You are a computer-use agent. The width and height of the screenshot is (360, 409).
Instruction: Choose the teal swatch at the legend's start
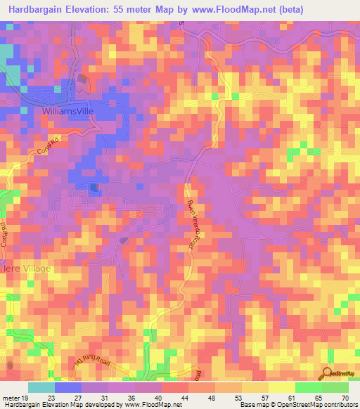[41, 387]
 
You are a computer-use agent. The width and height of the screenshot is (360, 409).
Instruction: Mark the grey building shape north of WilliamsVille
[84, 79]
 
